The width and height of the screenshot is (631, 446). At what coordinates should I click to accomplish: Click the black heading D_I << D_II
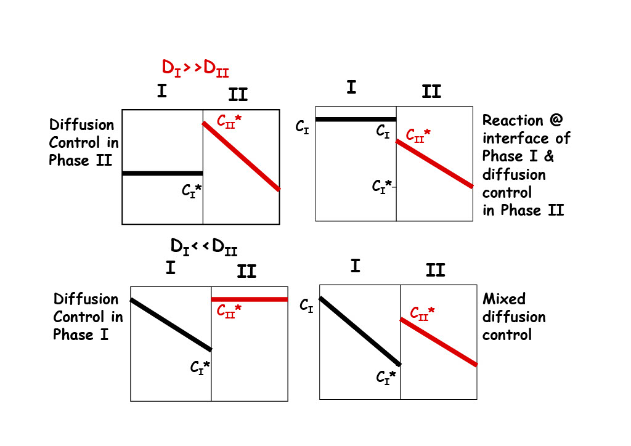pos(204,246)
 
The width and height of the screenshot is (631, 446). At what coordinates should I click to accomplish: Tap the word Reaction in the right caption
pos(513,120)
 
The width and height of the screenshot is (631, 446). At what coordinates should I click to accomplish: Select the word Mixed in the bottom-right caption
pos(504,299)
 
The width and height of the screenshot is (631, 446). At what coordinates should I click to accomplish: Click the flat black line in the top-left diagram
pos(163,174)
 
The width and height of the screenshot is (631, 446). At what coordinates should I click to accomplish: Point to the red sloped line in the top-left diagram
pos(242,156)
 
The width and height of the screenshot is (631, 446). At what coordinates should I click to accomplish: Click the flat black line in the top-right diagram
pos(356,120)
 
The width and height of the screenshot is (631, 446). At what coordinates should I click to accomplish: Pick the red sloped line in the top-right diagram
pos(434,164)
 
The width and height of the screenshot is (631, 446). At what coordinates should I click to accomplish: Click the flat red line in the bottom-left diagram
pos(250,299)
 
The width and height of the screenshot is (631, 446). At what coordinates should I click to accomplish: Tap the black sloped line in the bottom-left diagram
pos(171,325)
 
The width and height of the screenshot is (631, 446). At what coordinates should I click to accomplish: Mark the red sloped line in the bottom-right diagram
pos(439,342)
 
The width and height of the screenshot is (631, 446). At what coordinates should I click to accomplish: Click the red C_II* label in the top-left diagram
pos(229,121)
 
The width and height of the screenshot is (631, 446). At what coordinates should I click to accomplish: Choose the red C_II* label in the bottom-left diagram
pos(229,309)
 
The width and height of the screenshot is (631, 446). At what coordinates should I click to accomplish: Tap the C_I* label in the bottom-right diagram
pos(386,376)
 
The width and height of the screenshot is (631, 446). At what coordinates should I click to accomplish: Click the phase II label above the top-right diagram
pos(431,92)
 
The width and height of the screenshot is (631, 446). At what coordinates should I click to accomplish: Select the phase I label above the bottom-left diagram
pos(171,268)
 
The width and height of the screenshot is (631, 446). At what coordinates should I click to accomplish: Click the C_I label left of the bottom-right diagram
pos(306,304)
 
